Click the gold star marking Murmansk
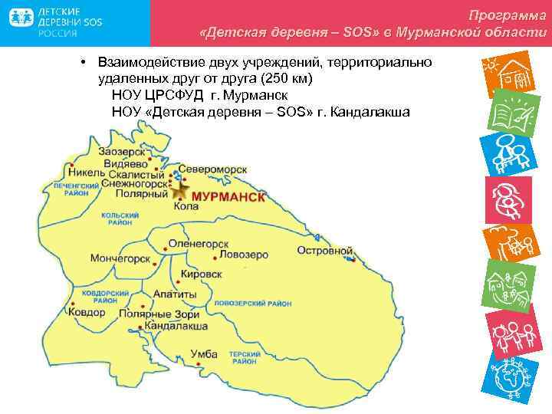point(181,192)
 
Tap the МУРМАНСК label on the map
point(228,197)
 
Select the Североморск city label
point(212,169)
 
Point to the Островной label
point(324,251)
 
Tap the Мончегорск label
point(120,259)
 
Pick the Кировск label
point(202,274)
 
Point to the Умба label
point(203,354)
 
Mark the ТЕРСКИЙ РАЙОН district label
point(245,357)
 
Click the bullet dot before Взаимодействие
point(80,62)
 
